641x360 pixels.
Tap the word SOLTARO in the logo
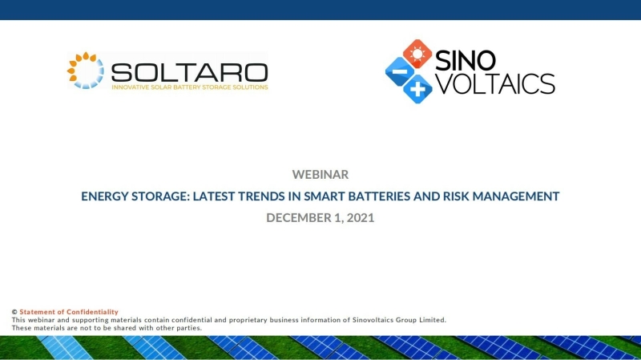tap(190, 73)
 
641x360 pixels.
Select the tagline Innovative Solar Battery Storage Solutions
tap(190, 87)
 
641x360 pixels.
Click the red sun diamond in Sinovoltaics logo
tap(417, 54)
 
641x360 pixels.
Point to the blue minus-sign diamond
tap(399, 71)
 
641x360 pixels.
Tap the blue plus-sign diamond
tap(417, 89)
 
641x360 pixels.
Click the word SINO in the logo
tap(466, 61)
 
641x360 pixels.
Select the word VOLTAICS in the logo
tap(496, 83)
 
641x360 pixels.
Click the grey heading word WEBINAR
tap(320, 175)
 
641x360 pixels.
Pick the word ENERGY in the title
tap(105, 196)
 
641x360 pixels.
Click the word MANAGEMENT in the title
tap(516, 196)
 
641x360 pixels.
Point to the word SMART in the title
tap(325, 196)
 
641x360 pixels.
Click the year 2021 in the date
tap(361, 217)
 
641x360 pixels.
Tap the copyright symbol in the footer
tap(14, 312)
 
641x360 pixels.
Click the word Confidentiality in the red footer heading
tap(92, 312)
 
